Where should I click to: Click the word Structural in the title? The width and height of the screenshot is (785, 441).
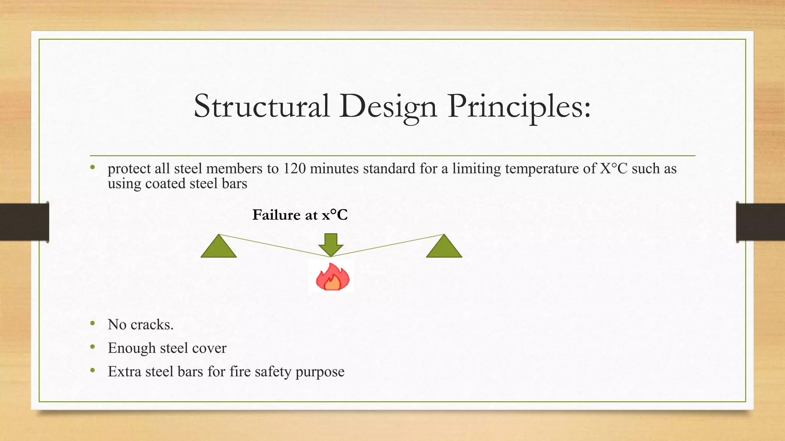261,106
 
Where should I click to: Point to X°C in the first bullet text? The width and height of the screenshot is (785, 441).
613,169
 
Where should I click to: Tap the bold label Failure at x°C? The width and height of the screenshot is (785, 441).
300,215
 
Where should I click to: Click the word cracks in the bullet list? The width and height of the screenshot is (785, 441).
152,325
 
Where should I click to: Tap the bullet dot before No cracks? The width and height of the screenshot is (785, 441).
92,324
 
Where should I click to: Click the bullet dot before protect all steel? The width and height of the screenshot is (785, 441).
92,167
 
